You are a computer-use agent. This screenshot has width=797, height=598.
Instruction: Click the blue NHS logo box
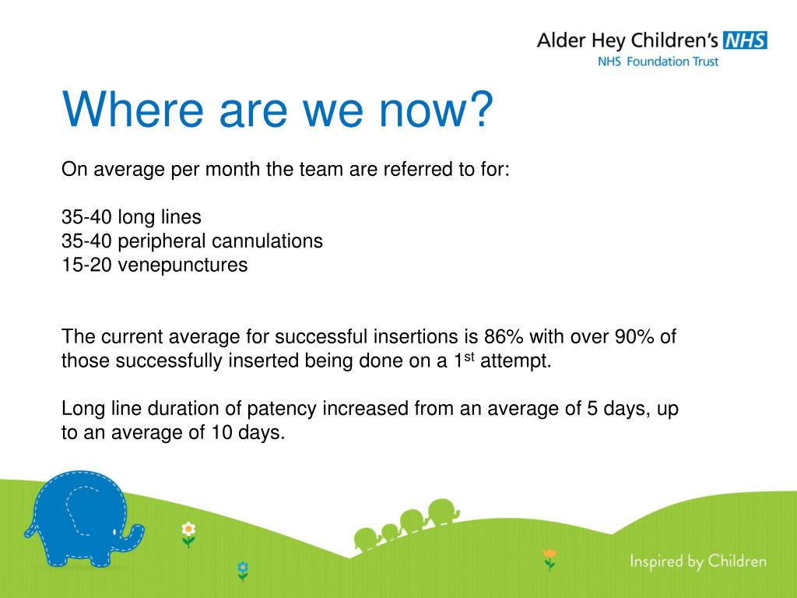[745, 40]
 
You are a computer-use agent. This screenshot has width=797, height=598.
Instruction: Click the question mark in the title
[479, 108]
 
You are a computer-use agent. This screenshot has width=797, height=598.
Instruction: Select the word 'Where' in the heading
[132, 109]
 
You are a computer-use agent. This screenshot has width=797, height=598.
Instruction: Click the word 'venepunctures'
[182, 265]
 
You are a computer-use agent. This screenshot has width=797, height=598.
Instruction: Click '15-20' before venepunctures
[86, 265]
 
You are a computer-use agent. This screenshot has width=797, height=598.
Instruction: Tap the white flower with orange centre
[188, 529]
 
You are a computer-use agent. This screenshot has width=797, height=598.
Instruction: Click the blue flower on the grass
[243, 567]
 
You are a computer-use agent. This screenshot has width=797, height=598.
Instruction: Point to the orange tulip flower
[549, 554]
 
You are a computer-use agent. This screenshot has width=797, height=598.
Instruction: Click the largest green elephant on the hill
[443, 512]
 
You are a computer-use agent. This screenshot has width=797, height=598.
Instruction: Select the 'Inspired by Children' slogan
[698, 561]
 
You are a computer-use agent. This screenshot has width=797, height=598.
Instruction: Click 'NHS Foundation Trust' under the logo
[658, 62]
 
